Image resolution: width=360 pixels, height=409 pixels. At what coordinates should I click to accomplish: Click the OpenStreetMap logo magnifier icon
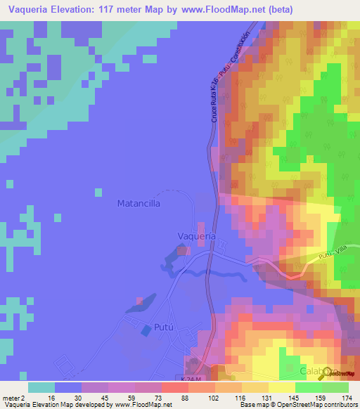[x=325, y=374]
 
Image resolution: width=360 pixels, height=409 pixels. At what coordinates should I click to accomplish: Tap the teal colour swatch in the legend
[x=41, y=387]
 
